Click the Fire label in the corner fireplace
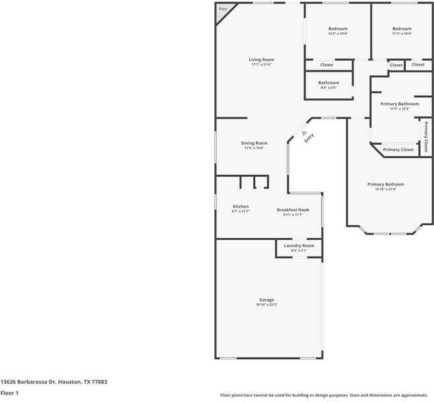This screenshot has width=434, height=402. click(x=222, y=9)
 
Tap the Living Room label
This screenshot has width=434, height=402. click(x=261, y=60)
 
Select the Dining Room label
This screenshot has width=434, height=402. click(x=254, y=143)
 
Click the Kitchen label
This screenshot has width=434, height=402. click(x=240, y=206)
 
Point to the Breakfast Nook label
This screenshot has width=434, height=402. click(x=293, y=210)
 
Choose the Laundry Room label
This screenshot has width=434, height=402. click(x=299, y=246)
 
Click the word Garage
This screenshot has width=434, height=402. click(x=267, y=299)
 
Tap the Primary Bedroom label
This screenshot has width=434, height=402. click(x=385, y=184)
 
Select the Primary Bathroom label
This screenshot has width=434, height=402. click(x=399, y=104)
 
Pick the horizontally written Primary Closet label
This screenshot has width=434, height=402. click(x=398, y=149)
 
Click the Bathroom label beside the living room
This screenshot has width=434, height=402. click(x=328, y=83)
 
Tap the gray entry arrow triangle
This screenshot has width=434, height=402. click(x=303, y=133)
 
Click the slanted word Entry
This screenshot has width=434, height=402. click(x=309, y=139)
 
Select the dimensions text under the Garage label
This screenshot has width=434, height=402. click(x=267, y=305)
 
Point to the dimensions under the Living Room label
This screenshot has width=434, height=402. click(x=261, y=64)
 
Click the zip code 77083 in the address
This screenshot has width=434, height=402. click(x=99, y=381)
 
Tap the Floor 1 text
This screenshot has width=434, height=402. click(x=9, y=393)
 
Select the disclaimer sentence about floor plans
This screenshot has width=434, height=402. click(x=323, y=395)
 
